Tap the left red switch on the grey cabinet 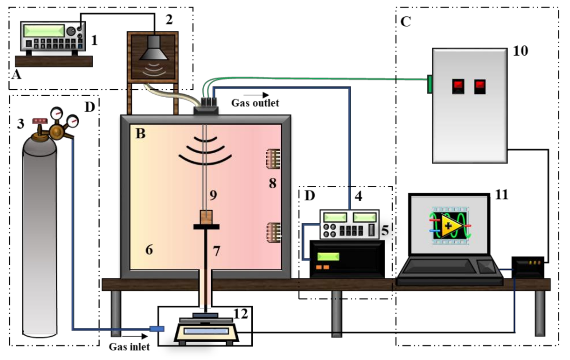click(x=458, y=86)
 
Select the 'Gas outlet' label click(x=255, y=103)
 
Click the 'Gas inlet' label click(x=129, y=347)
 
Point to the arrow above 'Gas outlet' click(x=256, y=95)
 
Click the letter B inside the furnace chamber click(x=140, y=133)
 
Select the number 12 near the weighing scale click(x=241, y=314)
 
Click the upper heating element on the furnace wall click(x=273, y=159)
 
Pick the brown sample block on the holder click(x=206, y=217)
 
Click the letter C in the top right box click(x=405, y=22)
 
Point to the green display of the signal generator click(x=44, y=31)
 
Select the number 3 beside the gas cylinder click(x=21, y=124)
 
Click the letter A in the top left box click(x=16, y=75)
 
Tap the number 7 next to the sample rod click(x=217, y=251)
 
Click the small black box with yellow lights click(x=528, y=267)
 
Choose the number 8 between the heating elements click(x=273, y=183)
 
